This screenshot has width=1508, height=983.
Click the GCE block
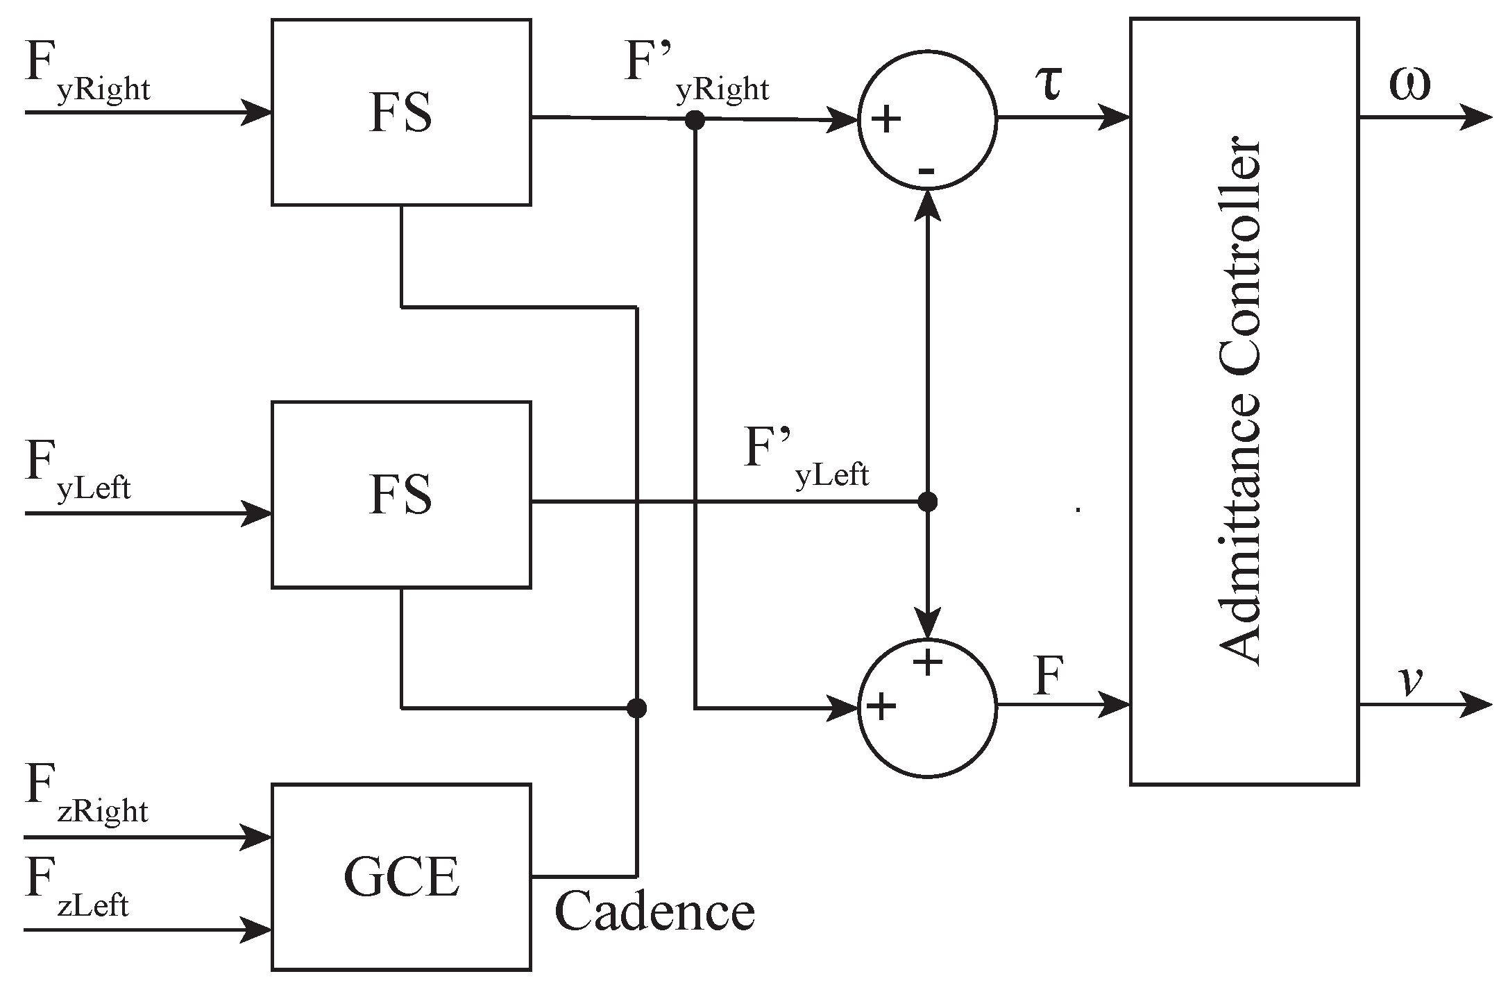click(x=401, y=877)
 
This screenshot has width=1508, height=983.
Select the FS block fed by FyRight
click(x=401, y=112)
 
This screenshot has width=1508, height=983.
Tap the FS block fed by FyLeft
click(x=401, y=494)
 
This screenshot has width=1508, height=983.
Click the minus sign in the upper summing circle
click(x=927, y=171)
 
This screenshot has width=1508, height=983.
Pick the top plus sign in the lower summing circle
click(x=928, y=663)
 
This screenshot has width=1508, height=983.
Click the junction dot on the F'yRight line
click(x=695, y=121)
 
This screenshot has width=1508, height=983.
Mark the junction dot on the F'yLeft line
click(x=928, y=501)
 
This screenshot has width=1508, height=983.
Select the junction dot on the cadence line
click(x=636, y=708)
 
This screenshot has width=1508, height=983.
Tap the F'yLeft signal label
click(x=805, y=458)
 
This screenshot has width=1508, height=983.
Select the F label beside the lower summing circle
click(x=1049, y=677)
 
